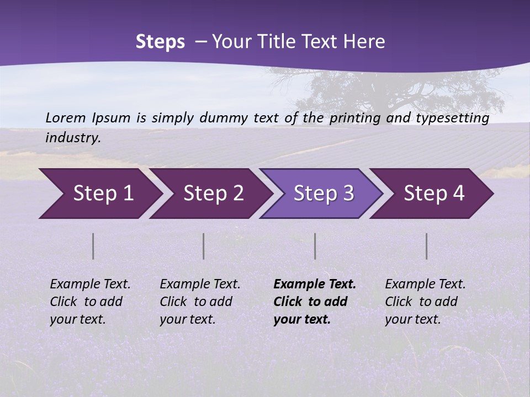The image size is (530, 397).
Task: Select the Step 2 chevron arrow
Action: coord(210,194)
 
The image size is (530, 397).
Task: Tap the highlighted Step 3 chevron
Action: coord(321,194)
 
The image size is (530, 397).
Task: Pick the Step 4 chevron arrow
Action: coord(432,194)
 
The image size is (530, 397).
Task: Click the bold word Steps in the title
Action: coord(160,42)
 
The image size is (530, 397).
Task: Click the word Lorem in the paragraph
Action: coord(66,117)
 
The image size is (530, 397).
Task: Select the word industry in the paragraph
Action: coord(73,138)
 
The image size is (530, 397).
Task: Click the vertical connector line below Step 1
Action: coord(93,246)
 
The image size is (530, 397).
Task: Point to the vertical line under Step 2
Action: coord(204,246)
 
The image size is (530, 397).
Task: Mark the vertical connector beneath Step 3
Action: coord(315,246)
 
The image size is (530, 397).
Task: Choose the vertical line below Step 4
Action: coord(427,246)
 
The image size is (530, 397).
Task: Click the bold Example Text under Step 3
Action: coord(315,285)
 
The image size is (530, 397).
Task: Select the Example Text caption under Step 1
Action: coord(90,285)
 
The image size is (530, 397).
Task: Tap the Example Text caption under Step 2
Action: coord(200,285)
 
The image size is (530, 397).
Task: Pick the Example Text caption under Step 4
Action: coord(425,285)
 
